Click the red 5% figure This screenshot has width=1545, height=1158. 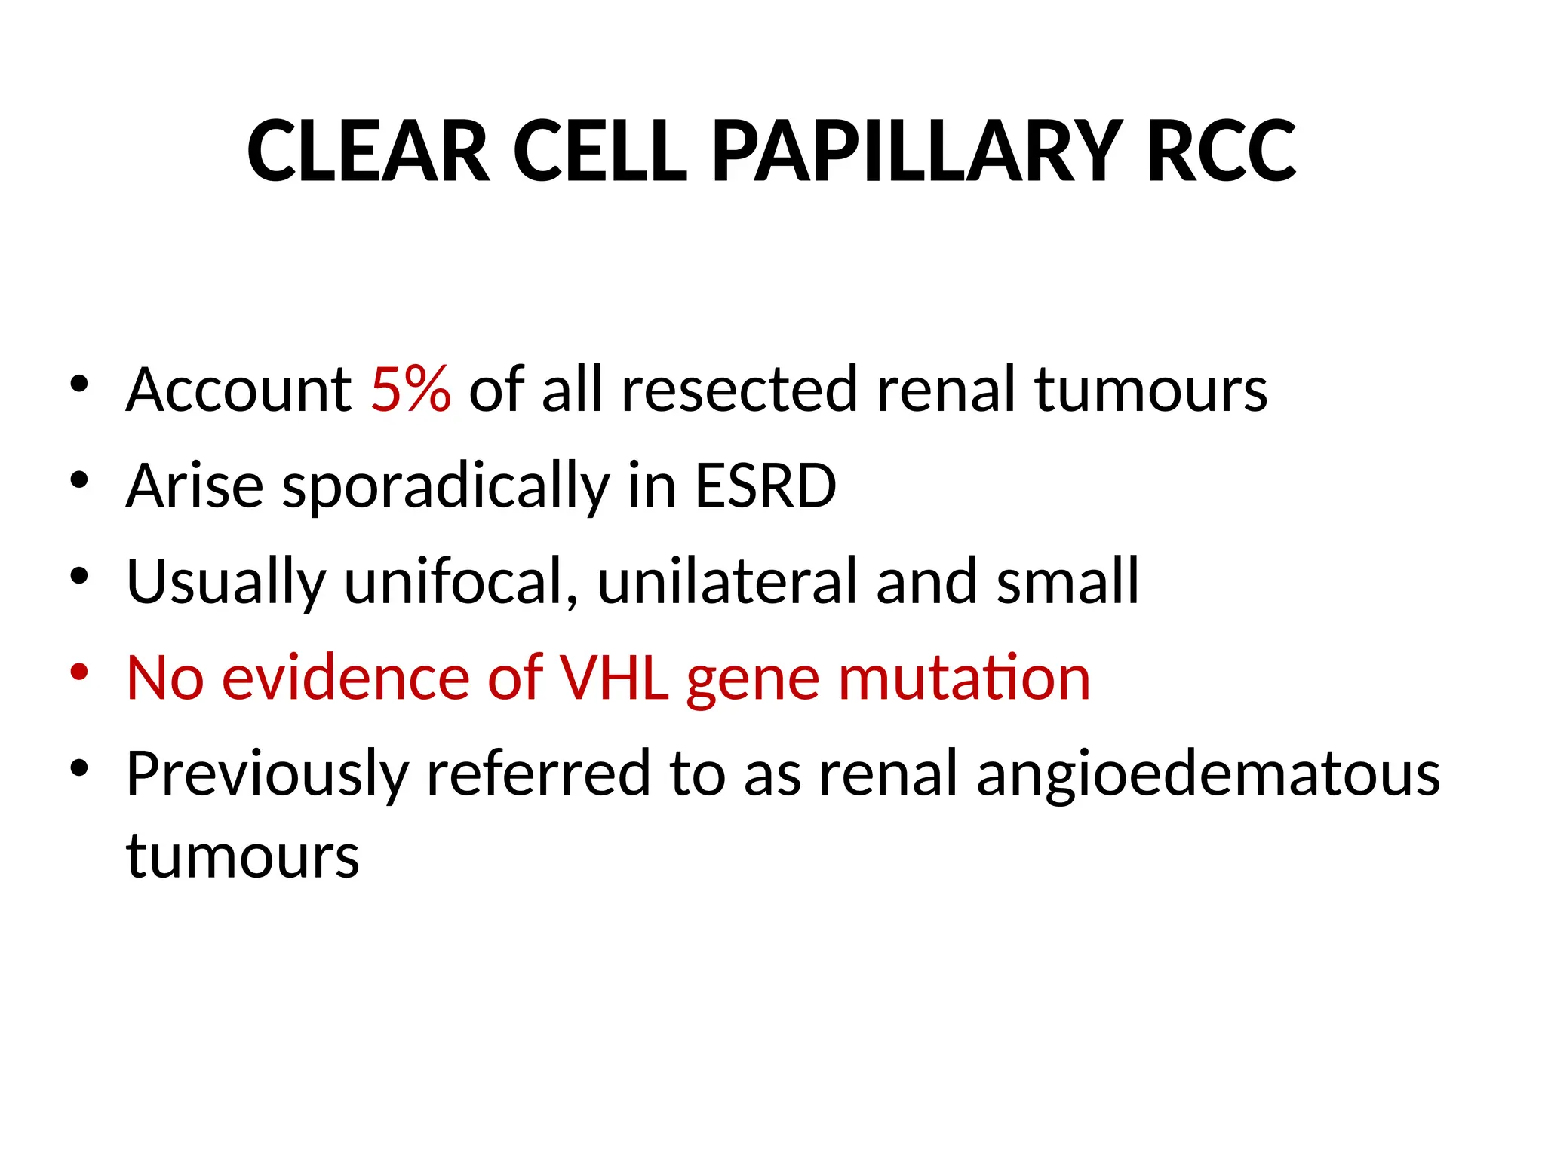click(411, 390)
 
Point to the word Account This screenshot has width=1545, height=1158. click(238, 390)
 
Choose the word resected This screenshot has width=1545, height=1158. click(739, 390)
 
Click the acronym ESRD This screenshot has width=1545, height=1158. click(765, 486)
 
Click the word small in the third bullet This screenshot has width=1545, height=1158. click(1067, 581)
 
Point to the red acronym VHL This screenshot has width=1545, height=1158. click(613, 678)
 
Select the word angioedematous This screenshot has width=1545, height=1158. click(1208, 774)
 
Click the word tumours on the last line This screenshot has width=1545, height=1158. click(243, 857)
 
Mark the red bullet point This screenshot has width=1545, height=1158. click(79, 671)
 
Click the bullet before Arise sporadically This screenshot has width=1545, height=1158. click(79, 479)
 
